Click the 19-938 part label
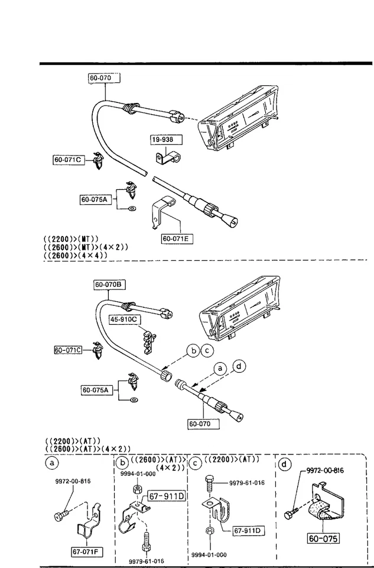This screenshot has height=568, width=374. [x=165, y=140]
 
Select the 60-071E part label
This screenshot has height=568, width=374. [x=177, y=239]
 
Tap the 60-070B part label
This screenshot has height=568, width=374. [x=108, y=285]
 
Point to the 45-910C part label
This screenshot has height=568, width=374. [x=123, y=319]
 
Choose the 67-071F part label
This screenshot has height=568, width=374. [x=85, y=552]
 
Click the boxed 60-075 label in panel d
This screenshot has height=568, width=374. [x=324, y=538]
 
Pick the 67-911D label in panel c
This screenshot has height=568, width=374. [x=248, y=531]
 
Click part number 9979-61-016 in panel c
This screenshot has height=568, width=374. [x=246, y=482]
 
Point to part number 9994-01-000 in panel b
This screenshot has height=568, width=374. [x=138, y=473]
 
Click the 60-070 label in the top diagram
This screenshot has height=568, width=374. [x=103, y=78]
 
